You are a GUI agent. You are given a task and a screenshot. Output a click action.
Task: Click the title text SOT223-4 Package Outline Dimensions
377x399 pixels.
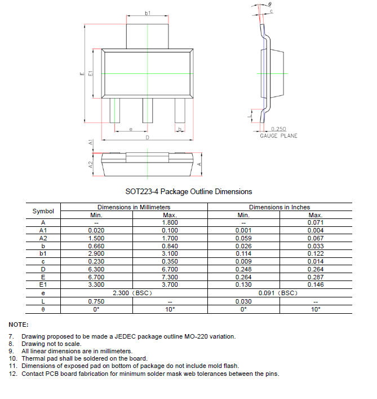188,192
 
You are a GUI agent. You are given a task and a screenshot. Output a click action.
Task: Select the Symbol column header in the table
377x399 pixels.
43,211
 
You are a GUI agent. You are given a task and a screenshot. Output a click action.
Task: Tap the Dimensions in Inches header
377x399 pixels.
280,207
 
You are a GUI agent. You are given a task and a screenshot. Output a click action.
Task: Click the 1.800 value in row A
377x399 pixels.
170,223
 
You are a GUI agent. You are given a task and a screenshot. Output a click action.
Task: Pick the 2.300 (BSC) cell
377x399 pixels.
133,293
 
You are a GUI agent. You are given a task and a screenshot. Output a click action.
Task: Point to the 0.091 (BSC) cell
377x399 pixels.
280,293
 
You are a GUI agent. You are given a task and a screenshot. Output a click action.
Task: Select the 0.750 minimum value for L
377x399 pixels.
96,301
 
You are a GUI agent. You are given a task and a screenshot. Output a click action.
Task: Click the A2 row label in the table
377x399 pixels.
43,239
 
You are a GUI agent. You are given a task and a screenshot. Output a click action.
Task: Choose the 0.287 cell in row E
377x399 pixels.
316,278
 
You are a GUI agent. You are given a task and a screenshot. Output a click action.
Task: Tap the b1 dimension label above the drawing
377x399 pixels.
148,13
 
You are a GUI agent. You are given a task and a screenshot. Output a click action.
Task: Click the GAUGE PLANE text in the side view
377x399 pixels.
278,136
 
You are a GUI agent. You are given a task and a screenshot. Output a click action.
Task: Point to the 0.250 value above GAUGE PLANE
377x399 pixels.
278,129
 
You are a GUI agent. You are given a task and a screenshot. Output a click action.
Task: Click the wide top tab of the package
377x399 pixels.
148,35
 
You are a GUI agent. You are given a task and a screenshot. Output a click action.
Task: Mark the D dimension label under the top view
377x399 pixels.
148,138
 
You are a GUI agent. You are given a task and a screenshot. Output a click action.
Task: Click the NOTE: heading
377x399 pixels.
17,325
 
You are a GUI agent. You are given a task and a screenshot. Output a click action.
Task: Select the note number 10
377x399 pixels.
13,358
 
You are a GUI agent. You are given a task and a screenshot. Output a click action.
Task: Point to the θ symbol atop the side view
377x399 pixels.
269,4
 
